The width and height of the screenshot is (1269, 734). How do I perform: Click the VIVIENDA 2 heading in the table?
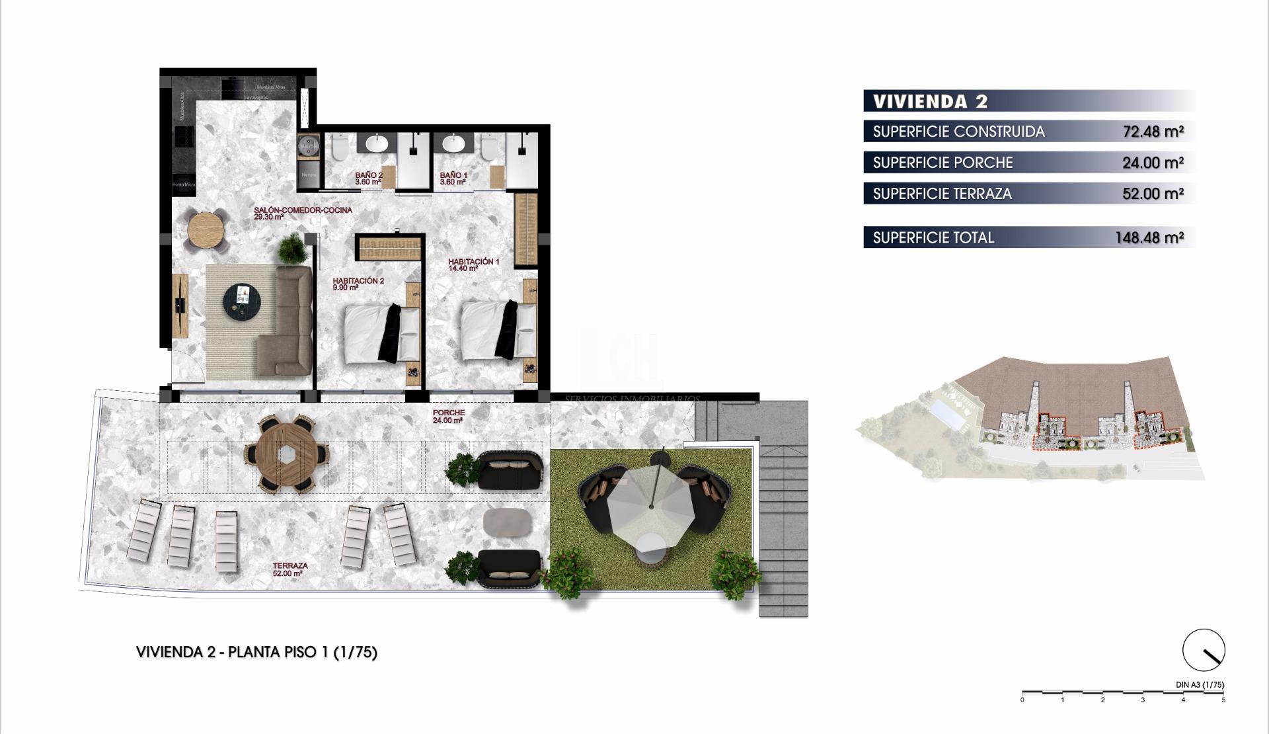point(930,101)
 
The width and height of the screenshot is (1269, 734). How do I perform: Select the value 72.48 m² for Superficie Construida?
point(1153,132)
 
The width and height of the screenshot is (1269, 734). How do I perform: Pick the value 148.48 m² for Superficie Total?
point(1149,237)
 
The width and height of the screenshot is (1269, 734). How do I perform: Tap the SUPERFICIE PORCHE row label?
point(942,163)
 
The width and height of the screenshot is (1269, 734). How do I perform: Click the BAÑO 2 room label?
point(368,179)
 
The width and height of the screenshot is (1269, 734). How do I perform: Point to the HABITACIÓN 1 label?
point(473,265)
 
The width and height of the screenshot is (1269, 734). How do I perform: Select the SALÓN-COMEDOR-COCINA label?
point(303,213)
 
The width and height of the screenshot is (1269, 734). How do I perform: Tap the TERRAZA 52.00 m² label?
point(289,569)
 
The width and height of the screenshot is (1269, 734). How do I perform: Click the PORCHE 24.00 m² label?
point(448,416)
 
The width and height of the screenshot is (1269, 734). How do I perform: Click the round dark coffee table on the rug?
point(241,302)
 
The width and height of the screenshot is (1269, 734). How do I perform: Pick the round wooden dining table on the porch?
point(287,455)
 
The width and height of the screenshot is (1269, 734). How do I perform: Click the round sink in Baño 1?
point(453,143)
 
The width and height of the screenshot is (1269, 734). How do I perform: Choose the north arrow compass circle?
point(1204,649)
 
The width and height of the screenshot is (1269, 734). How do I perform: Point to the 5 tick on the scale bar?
point(1223,699)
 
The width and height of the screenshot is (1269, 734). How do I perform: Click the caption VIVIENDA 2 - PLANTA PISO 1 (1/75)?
point(256,652)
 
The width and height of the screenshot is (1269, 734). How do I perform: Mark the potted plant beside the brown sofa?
point(291,249)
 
